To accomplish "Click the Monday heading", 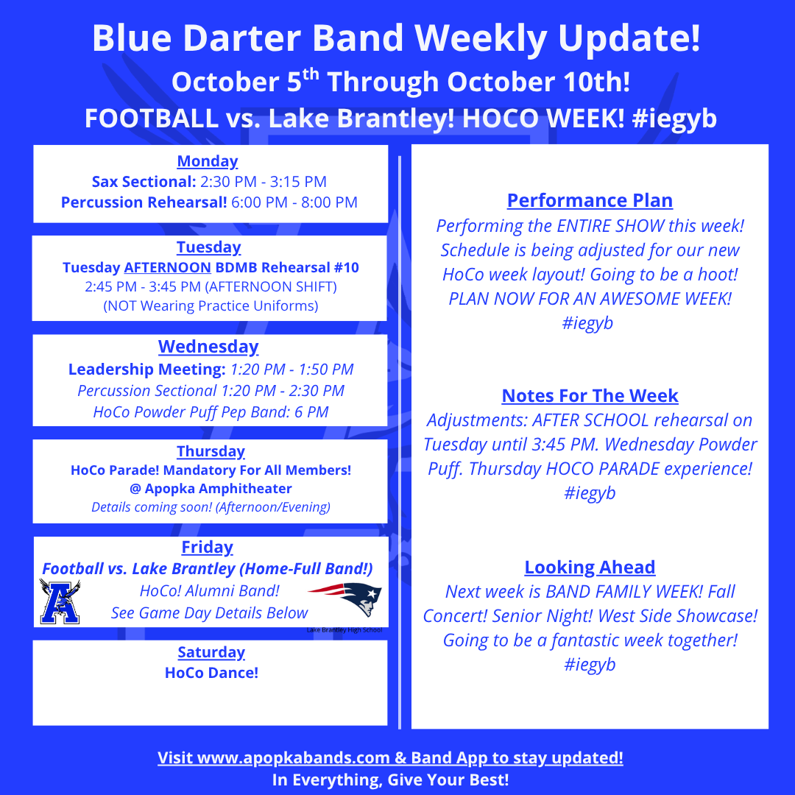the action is click(x=208, y=161).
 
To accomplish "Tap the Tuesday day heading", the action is click(x=208, y=247).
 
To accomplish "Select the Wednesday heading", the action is click(x=208, y=347).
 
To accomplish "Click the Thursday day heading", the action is click(x=211, y=451).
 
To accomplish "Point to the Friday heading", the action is click(x=208, y=547).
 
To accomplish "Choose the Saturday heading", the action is click(x=211, y=652).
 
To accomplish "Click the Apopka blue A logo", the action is click(x=60, y=601).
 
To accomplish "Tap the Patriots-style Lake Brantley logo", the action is click(x=344, y=598).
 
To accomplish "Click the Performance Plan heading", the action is click(x=590, y=200).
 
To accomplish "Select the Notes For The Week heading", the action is click(x=590, y=395).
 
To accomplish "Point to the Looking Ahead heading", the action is click(x=590, y=567).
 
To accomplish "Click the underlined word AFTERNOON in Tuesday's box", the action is click(x=167, y=267).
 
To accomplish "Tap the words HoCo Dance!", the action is click(x=211, y=673).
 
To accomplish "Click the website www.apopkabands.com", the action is click(x=294, y=757).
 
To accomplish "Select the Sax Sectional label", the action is click(x=144, y=182).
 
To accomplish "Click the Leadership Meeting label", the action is click(x=147, y=370).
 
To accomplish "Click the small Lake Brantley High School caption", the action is click(x=344, y=629).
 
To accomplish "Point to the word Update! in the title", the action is click(x=629, y=38).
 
